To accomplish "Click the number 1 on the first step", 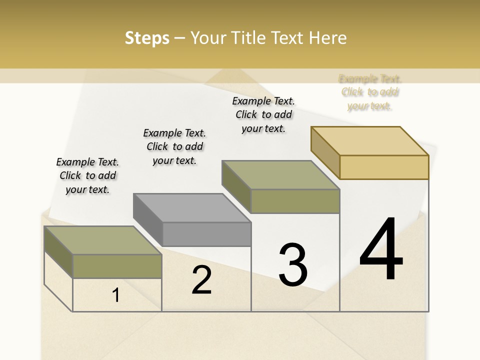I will tap(116, 295).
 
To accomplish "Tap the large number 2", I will tap(201, 280).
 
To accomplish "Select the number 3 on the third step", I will tap(293, 265).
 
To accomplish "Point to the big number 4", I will tap(381, 249).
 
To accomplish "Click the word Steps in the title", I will tap(147, 38).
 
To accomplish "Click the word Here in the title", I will tap(328, 38).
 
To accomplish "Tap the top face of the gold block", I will tap(370, 141).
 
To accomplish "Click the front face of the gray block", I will tap(206, 234).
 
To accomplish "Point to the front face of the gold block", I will tap(384, 167).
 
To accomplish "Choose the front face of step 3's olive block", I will tap(295, 201).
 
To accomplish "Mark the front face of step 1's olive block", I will tap(117, 266).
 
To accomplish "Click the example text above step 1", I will tap(87, 175).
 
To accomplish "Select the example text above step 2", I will tap(174, 146).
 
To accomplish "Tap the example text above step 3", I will tap(263, 114).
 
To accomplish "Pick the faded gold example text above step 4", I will tap(370, 92).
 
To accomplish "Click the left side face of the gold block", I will tap(325, 152).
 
